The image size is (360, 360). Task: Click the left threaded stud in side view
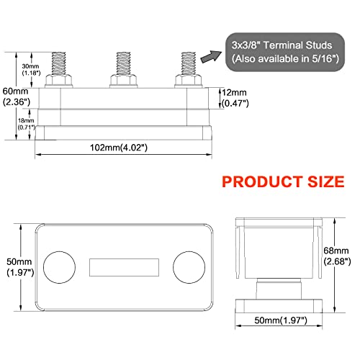click(x=57, y=64)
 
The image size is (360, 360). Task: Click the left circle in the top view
click(x=59, y=266)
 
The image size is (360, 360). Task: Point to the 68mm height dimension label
click(x=336, y=256)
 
